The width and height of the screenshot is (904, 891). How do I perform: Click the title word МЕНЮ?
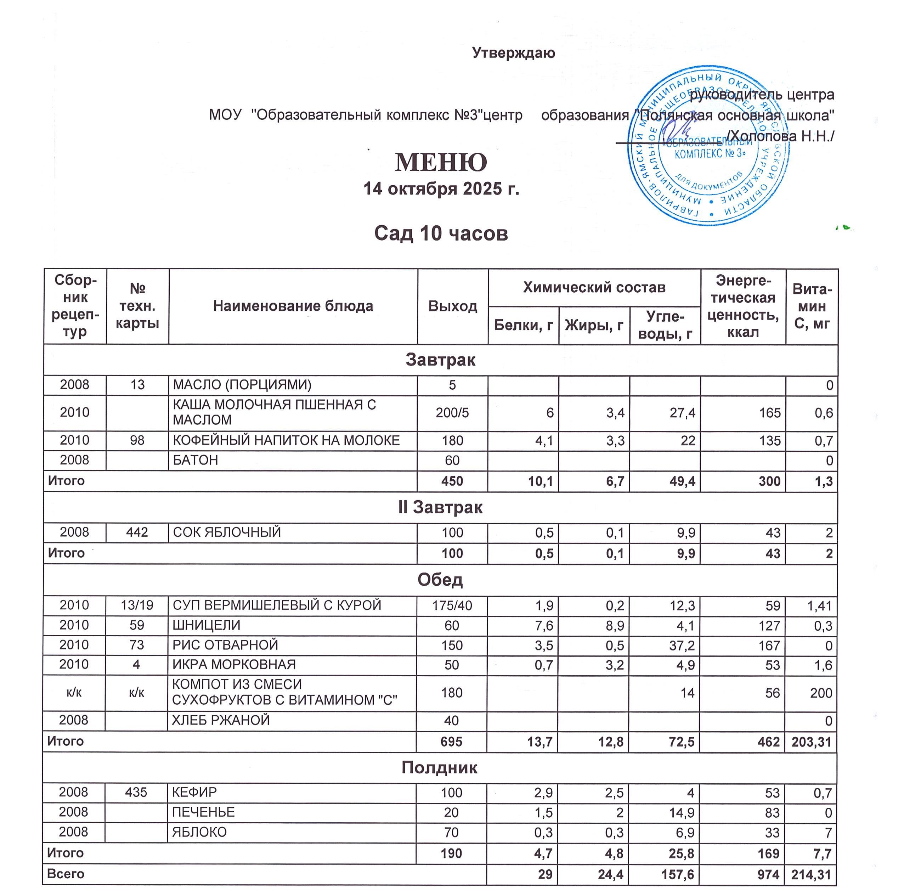tap(441, 162)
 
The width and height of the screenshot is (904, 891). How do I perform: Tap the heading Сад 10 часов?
tap(441, 233)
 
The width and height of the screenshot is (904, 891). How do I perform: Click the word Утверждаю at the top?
tap(513, 53)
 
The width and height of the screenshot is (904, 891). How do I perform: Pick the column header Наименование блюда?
tap(293, 306)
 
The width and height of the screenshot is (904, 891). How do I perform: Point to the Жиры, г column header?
tap(594, 325)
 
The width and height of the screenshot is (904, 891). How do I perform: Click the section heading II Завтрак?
tap(440, 507)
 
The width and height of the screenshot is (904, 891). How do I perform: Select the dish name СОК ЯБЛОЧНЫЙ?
tap(227, 532)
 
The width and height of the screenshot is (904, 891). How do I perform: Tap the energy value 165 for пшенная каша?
tap(770, 413)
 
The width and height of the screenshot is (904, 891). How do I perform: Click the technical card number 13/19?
tap(137, 605)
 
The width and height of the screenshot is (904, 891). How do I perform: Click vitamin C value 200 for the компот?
tap(821, 693)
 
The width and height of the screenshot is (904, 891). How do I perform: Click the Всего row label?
tap(66, 874)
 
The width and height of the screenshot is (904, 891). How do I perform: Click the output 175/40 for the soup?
tap(452, 605)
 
